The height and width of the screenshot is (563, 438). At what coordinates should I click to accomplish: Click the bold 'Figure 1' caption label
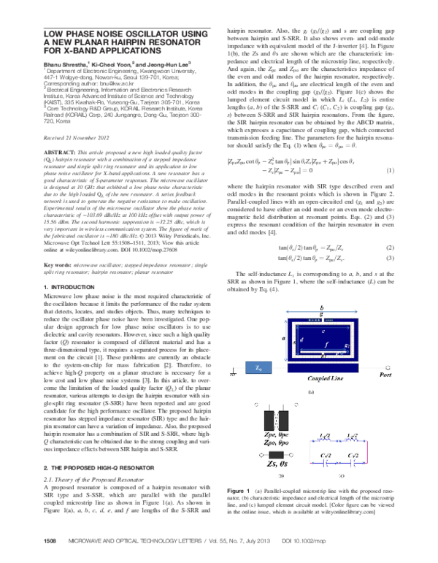point(241,507)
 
